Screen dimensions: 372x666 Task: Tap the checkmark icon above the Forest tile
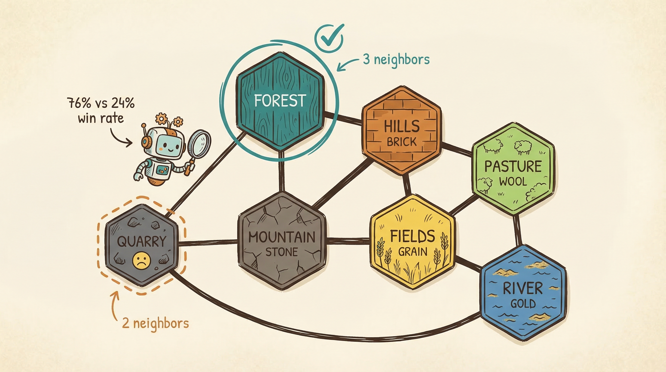click(x=329, y=39)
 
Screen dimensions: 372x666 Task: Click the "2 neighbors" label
click(x=155, y=323)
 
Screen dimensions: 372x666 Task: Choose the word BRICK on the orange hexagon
click(x=401, y=142)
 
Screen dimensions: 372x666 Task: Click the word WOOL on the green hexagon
click(x=513, y=182)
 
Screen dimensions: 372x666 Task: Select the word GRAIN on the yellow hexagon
click(x=413, y=252)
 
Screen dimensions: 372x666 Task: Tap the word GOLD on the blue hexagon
click(x=523, y=304)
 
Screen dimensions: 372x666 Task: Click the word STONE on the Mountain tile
click(x=281, y=252)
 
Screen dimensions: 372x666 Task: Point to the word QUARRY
click(x=141, y=241)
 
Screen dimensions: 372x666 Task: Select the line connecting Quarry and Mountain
click(x=208, y=243)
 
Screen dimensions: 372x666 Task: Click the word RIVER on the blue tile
click(x=522, y=288)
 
